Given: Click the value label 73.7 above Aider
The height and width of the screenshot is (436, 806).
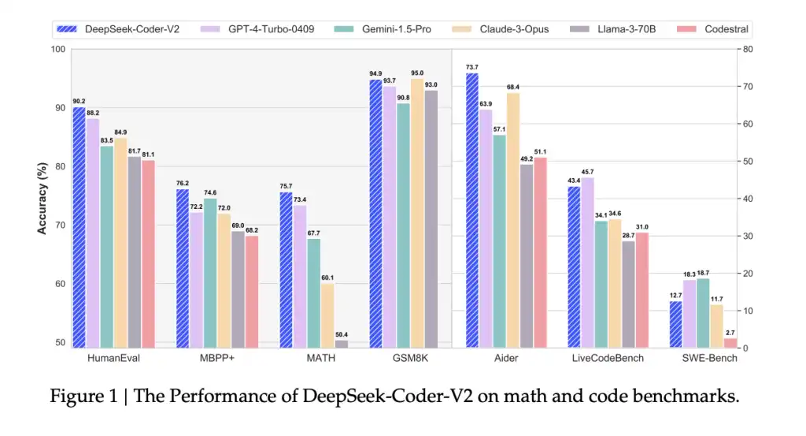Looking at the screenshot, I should [x=472, y=67].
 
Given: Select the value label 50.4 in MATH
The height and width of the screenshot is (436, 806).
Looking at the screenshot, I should [x=342, y=334].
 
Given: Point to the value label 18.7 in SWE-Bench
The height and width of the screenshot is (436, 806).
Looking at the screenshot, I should [x=703, y=272].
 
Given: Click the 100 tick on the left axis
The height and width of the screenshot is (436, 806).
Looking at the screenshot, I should [x=58, y=49].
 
